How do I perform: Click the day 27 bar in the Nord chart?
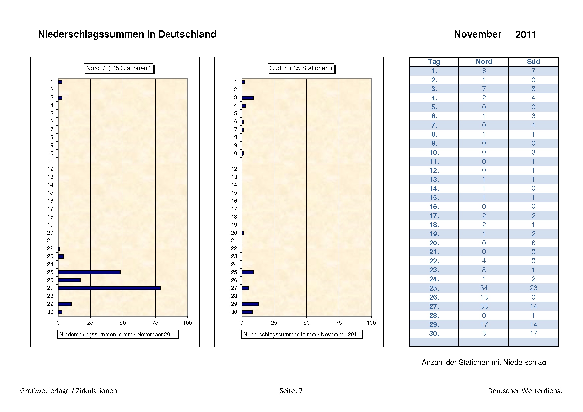pos(109,288)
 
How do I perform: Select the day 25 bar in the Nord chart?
pos(89,272)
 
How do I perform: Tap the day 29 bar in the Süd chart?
pos(250,304)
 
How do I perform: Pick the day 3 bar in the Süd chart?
pos(248,98)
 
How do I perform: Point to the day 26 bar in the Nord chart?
pos(69,280)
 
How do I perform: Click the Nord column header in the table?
pos(484,62)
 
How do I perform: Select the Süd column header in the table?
pos(533,62)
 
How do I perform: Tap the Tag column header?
pos(434,62)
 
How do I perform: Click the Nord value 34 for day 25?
pos(484,288)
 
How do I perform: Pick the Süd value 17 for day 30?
pos(533,333)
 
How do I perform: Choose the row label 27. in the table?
pos(434,306)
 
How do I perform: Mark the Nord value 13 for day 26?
pos(484,297)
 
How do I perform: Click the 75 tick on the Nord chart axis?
pos(155,323)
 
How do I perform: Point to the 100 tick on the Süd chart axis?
pos(371,323)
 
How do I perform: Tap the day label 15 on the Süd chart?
pos(234,193)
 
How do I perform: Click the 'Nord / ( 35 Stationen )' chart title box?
pos(119,68)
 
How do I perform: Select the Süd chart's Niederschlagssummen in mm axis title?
pos(302,334)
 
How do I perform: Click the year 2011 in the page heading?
pos(526,35)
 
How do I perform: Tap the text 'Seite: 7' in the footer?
pos(291,391)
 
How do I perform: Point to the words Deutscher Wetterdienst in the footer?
pos(525,391)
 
